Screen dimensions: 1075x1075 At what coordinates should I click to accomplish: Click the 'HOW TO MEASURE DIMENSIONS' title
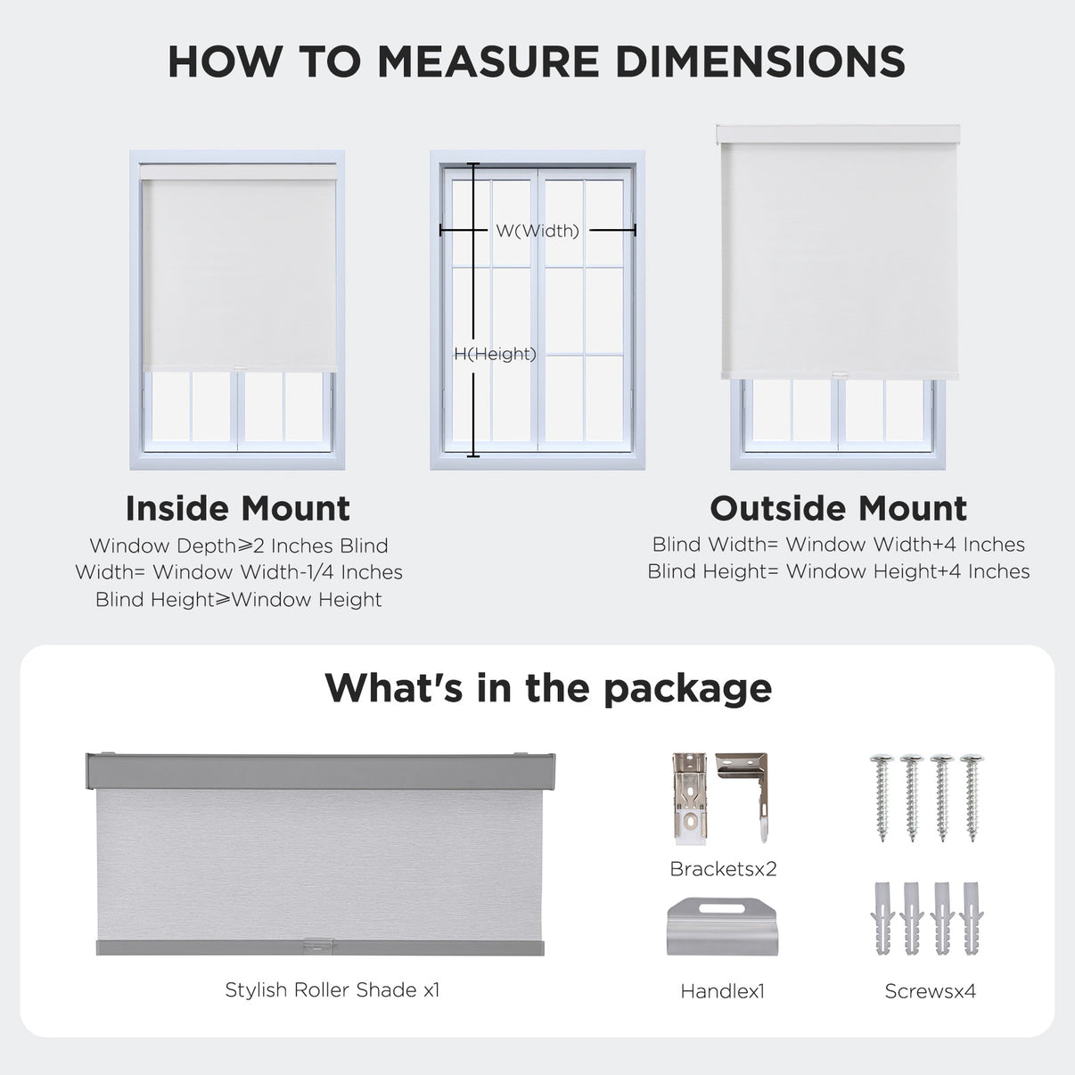click(537, 62)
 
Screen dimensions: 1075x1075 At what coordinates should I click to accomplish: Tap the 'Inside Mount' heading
click(238, 508)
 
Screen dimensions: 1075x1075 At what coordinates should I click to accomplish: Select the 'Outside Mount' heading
click(838, 508)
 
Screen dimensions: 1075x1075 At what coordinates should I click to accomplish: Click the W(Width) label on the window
click(537, 231)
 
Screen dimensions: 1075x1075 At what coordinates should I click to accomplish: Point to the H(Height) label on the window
click(495, 354)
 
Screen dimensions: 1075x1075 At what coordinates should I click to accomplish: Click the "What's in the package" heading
click(547, 688)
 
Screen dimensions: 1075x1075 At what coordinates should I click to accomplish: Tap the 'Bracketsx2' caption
click(723, 868)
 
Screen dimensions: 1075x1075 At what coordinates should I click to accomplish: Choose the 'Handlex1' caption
click(722, 990)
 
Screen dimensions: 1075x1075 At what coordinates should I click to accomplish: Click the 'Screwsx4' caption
click(930, 990)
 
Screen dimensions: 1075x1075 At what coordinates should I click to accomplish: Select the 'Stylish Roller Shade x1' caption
click(332, 989)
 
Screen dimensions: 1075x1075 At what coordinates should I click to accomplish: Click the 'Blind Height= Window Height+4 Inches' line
click(838, 571)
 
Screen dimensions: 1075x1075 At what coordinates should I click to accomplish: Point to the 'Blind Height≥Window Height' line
click(238, 600)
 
